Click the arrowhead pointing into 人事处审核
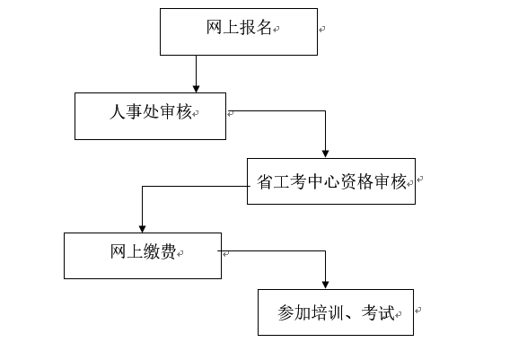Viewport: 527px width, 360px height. point(197,89)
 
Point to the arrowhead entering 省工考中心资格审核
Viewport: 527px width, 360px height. point(325,154)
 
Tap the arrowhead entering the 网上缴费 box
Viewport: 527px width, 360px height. point(142,229)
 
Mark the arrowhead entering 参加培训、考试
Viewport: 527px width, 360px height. point(325,285)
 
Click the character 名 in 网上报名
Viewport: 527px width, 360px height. point(264,27)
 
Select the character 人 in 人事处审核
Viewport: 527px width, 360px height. point(118,111)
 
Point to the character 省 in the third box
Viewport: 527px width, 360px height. point(265,181)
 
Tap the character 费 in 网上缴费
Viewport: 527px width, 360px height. point(168,251)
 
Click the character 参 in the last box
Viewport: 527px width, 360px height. point(286,312)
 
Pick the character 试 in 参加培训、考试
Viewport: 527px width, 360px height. point(387,312)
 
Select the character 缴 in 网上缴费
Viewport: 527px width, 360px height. point(152,251)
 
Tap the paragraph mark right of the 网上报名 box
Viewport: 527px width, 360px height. point(321,30)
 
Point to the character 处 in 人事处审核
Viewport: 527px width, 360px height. point(151,111)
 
